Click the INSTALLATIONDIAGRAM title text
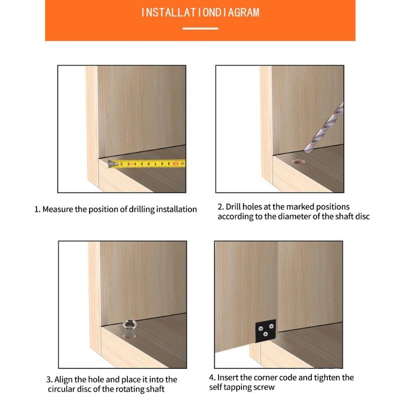[200, 13]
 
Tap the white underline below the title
[200, 29]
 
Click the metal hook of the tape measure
[112, 164]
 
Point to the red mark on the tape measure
[176, 163]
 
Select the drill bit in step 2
[324, 127]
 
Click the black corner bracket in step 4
[266, 330]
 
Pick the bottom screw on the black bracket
[266, 334]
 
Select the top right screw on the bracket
[271, 326]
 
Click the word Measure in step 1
[58, 209]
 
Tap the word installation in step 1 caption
[176, 209]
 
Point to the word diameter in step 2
[294, 217]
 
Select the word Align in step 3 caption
[64, 379]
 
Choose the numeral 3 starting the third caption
[48, 380]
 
